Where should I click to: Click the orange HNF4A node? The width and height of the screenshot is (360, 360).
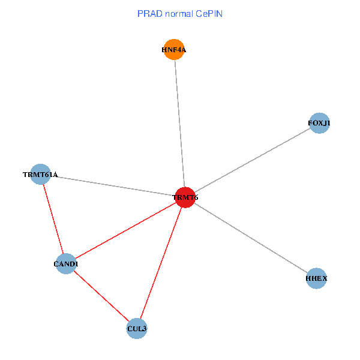(174, 50)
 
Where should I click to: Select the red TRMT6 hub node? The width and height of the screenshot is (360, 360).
(185, 197)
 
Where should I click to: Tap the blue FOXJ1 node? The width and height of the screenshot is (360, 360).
(319, 124)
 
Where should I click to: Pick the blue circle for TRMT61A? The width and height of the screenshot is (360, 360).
(40, 175)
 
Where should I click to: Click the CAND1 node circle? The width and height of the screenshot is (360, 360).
(66, 263)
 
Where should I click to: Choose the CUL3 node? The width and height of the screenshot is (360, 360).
(137, 328)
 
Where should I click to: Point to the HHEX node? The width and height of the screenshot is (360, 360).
(316, 278)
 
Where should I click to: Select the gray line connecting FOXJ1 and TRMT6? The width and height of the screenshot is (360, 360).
(252, 161)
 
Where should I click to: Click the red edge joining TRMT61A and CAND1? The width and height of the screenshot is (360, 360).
(53, 219)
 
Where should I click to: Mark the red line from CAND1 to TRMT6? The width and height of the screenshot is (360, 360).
(126, 230)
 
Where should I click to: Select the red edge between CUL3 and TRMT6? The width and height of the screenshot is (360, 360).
(161, 263)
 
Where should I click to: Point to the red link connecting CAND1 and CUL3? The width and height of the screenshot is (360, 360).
(101, 296)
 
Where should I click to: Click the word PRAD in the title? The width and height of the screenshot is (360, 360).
(149, 13)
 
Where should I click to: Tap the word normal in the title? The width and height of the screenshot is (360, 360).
(179, 13)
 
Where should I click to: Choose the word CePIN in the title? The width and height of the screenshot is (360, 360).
(209, 13)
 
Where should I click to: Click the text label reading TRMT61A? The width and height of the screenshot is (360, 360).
(40, 175)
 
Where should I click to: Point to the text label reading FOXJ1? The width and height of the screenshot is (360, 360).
(319, 124)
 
